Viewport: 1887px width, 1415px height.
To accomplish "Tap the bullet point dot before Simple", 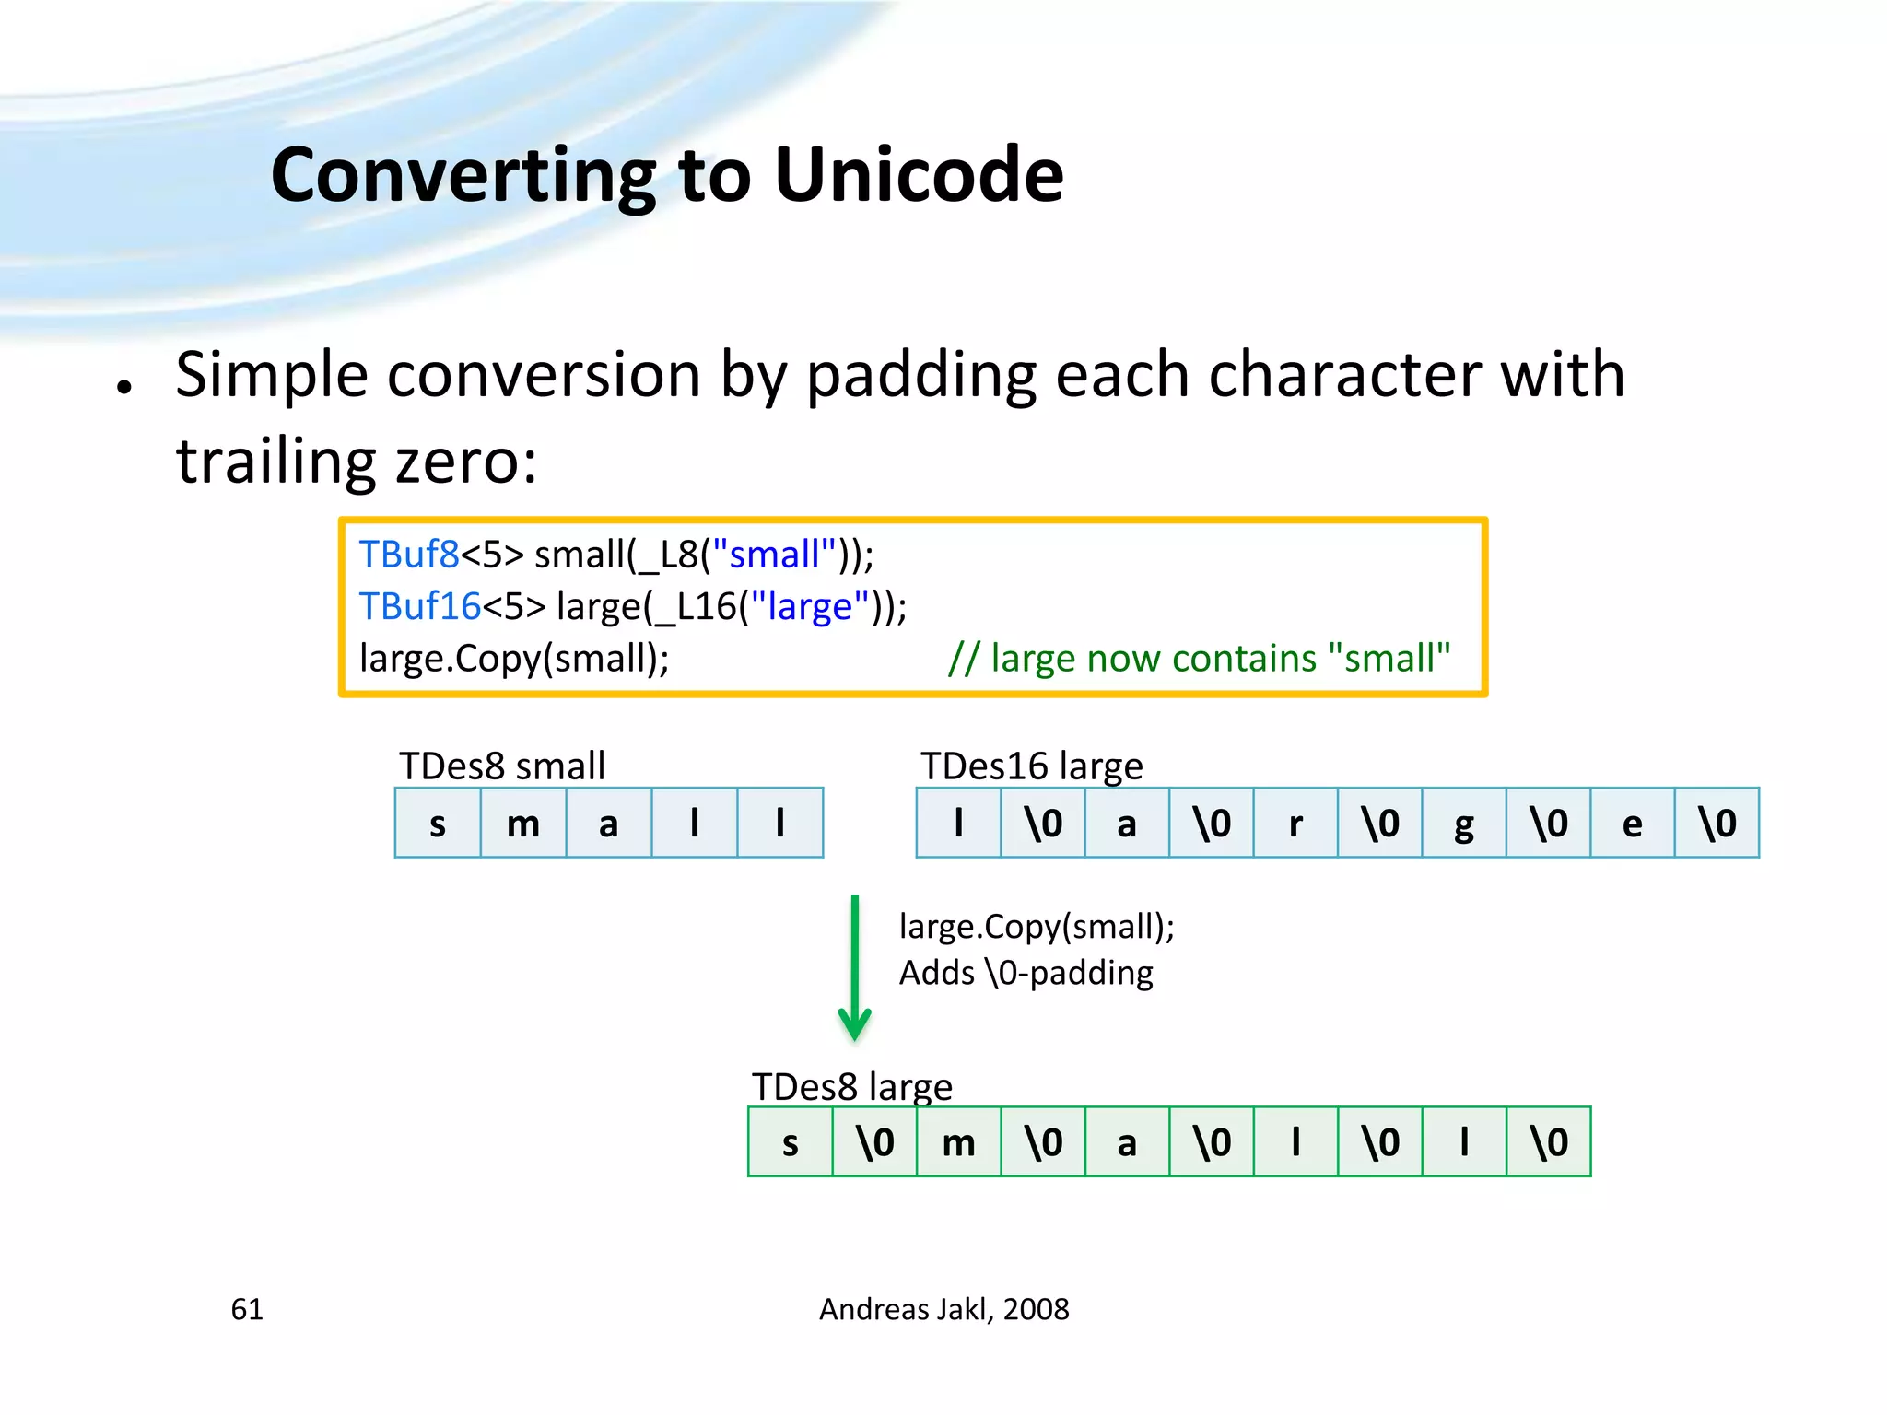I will (x=125, y=387).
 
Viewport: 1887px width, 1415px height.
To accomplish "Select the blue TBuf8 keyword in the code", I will (x=408, y=555).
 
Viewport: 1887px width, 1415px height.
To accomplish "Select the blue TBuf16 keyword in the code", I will (x=419, y=606).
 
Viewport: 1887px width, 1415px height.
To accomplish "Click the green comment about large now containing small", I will (x=1199, y=659).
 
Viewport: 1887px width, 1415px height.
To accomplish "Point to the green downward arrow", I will (x=855, y=967).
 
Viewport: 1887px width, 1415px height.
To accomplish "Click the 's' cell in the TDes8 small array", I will (x=438, y=823).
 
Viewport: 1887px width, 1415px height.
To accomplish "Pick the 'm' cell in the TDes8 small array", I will (x=523, y=823).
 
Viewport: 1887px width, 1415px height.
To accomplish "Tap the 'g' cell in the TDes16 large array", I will (x=1464, y=823).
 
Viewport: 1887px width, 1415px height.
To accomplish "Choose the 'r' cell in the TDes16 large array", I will (x=1295, y=823).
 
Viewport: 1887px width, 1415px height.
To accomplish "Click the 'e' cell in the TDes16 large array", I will (x=1633, y=823).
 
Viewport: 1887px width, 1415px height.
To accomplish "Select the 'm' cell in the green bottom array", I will (x=958, y=1142).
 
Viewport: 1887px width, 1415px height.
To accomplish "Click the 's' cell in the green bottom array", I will (x=790, y=1142).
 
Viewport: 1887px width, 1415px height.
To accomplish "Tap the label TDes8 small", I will (x=502, y=766).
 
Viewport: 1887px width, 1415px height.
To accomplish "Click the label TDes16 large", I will (x=1031, y=766).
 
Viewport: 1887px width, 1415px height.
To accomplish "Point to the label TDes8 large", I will (x=851, y=1087).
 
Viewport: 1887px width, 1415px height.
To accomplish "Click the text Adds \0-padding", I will (x=1026, y=973).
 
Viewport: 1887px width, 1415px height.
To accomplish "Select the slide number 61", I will (x=247, y=1309).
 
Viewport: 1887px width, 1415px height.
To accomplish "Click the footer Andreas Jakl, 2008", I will (x=943, y=1309).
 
